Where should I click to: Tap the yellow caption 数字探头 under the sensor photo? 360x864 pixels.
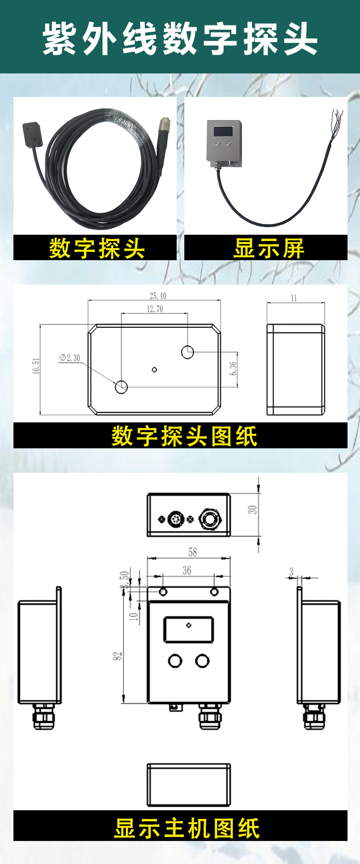point(96,249)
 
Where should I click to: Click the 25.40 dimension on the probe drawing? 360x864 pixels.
point(158,296)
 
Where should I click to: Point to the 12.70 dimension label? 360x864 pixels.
point(155,309)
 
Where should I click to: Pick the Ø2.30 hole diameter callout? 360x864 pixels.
point(70,358)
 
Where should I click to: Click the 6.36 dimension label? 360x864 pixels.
point(233,369)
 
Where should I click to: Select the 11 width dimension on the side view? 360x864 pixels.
point(294,298)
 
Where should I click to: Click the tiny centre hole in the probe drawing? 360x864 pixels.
point(154,369)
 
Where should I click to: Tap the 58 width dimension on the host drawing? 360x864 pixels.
point(192,552)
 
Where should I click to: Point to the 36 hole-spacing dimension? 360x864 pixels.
point(187,570)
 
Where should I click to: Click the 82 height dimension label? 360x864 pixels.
point(118,656)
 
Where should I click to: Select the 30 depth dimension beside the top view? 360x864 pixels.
point(252,509)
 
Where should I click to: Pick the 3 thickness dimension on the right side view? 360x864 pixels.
point(291,572)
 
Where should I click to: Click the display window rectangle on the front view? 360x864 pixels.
point(189,629)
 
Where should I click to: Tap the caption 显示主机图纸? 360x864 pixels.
point(187,828)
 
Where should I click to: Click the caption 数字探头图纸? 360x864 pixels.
point(184,436)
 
